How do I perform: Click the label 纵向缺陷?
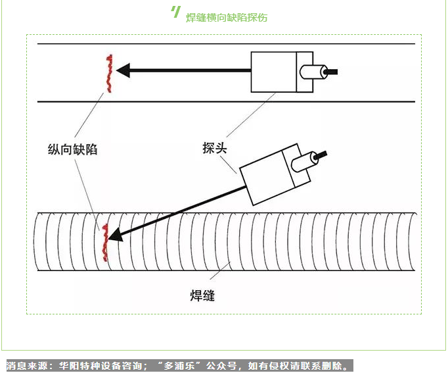click(x=73, y=149)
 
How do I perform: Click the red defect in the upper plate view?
click(x=108, y=74)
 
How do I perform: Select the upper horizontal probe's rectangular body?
click(x=274, y=71)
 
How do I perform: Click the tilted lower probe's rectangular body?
click(x=266, y=176)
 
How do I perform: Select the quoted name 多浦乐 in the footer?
click(x=179, y=365)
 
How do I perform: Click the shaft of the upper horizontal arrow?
click(x=190, y=69)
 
